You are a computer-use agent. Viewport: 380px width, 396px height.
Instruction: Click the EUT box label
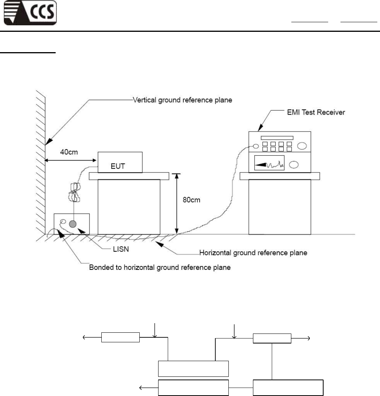(120, 167)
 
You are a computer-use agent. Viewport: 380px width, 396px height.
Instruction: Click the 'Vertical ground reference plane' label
(182, 100)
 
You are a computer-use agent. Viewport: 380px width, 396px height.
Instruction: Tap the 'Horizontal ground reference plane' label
(254, 253)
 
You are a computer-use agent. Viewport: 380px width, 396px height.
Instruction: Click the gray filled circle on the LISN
(73, 223)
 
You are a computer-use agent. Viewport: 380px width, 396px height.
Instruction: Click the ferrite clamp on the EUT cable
(76, 192)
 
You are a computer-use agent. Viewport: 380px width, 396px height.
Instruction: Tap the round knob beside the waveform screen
(294, 165)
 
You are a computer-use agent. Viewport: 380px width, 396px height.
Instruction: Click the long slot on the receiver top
(277, 138)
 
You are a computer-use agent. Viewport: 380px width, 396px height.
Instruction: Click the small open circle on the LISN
(63, 222)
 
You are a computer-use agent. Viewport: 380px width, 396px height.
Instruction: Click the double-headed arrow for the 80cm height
(177, 203)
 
